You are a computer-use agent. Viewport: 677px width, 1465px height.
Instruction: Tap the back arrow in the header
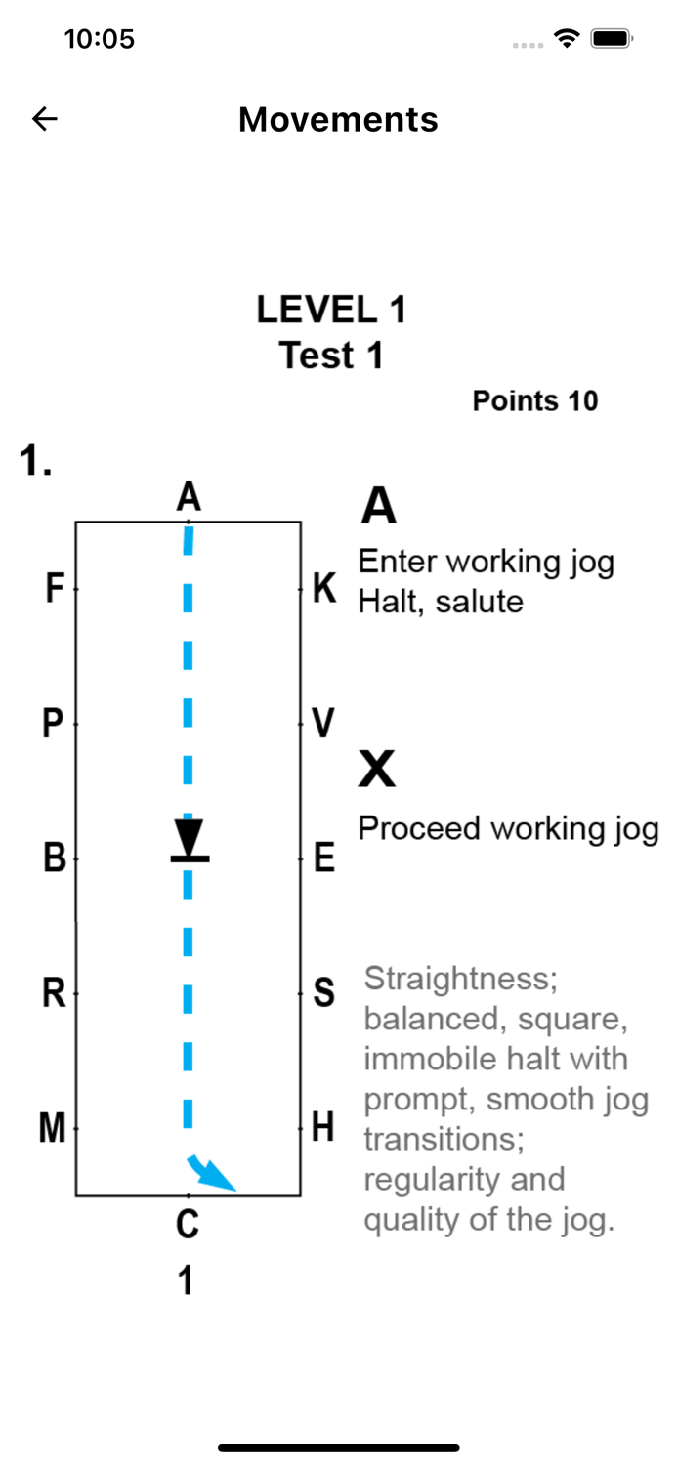coord(45,119)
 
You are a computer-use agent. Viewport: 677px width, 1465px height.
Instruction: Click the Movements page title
coord(338,119)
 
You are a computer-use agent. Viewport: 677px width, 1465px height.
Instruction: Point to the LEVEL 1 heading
coord(331,310)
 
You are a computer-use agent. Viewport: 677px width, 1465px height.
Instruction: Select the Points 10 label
coord(534,400)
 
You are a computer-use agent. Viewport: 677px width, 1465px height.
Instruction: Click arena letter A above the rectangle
coord(189,497)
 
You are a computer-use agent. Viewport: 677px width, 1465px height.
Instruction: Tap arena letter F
coord(55,589)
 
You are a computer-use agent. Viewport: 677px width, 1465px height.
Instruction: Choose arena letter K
coord(324,589)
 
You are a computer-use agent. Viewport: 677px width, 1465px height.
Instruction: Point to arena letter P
coord(53,725)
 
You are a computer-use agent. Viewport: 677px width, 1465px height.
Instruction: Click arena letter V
coord(323,725)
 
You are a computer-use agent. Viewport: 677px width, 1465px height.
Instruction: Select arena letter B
coord(55,858)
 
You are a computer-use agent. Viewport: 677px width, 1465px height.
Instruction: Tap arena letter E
coord(324,858)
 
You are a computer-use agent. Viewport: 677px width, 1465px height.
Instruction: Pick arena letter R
coord(54,993)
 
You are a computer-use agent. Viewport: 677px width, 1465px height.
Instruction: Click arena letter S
coord(324,993)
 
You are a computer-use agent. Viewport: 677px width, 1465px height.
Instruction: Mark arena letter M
coord(52,1129)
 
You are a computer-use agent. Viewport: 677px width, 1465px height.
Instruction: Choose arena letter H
coord(323,1129)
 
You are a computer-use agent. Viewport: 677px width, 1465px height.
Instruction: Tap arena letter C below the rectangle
coord(188,1223)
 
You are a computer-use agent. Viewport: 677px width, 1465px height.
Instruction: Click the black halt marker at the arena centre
coord(190,843)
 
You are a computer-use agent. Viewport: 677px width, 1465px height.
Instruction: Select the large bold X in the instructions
coord(377,771)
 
